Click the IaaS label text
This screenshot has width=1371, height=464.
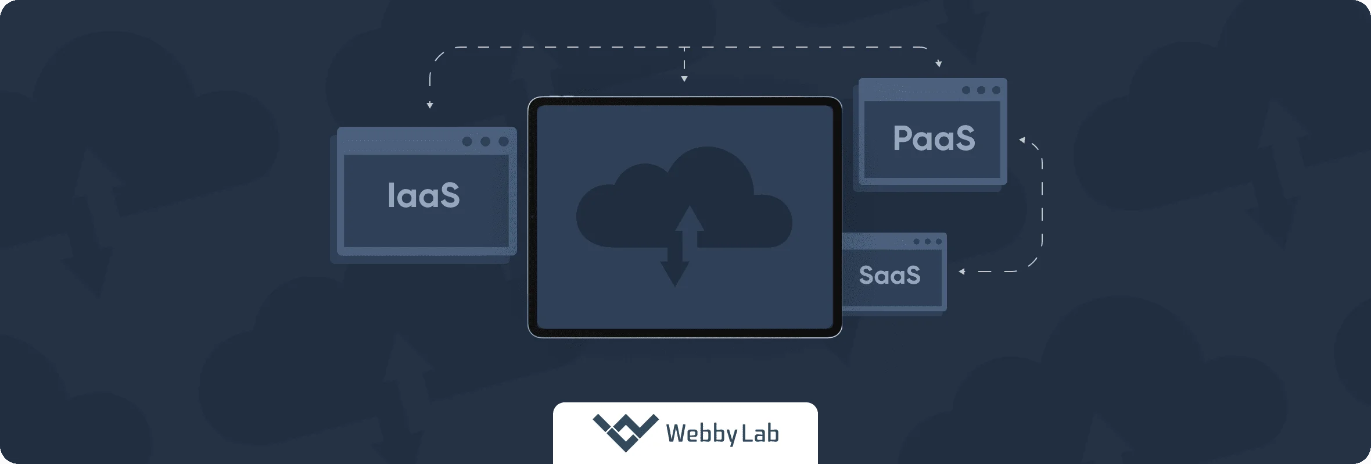pos(423,195)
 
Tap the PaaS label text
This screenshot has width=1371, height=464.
pos(934,138)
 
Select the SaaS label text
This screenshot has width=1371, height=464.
pos(889,275)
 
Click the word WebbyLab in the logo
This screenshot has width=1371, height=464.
pos(722,434)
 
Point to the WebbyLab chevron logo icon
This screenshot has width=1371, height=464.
pos(625,432)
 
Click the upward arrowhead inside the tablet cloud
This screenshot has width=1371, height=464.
pos(690,218)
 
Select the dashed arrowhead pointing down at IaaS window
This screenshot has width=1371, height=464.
pos(430,105)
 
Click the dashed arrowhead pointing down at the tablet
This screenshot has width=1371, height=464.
pos(684,78)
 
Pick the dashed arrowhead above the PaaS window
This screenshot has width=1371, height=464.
pos(939,64)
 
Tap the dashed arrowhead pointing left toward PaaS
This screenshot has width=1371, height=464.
pos(1022,140)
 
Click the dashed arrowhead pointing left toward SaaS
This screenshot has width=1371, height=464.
pos(962,272)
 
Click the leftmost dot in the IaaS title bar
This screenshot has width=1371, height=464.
pos(467,141)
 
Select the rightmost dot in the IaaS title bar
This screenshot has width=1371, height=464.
pos(504,141)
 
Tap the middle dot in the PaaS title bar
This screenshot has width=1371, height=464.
pos(981,90)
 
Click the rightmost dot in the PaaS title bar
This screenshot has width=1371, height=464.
pos(996,90)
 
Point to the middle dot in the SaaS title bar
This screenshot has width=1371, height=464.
pos(928,241)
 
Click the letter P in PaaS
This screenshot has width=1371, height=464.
pos(904,138)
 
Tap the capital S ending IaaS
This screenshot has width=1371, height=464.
pos(450,195)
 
